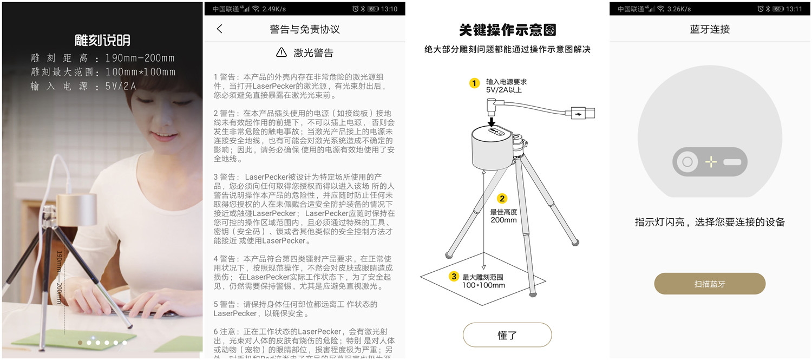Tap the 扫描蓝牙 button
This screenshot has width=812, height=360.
click(710, 284)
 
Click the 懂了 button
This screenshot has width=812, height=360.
click(507, 335)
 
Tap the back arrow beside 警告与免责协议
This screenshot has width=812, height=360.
click(219, 29)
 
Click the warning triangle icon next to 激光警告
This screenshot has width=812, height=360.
click(281, 53)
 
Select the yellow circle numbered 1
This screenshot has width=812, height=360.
click(474, 83)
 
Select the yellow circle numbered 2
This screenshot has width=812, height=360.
click(502, 199)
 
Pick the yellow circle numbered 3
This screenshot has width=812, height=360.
click(454, 277)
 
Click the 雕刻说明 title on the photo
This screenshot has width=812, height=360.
click(102, 41)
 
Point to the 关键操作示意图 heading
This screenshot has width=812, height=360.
click(507, 30)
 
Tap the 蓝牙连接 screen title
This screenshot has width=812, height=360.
click(710, 29)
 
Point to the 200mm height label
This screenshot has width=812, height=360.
click(503, 220)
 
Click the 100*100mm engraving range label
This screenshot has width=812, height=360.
click(483, 285)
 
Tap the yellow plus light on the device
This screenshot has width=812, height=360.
click(711, 161)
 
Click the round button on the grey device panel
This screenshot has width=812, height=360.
click(687, 161)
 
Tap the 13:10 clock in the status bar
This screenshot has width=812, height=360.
click(389, 9)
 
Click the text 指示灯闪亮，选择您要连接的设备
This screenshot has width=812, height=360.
click(710, 222)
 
